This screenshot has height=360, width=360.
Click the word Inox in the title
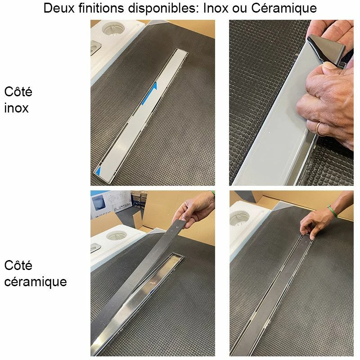tap(216, 8)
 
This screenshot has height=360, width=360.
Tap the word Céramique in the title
tap(284, 9)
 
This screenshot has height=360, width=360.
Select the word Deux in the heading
tap(59, 8)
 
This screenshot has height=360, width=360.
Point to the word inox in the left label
tap(16, 108)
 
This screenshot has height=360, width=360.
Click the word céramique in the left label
tap(36, 282)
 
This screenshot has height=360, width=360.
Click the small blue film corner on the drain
tap(98, 171)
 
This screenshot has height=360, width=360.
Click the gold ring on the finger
tap(319, 130)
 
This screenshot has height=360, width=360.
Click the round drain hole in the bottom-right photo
tap(240, 217)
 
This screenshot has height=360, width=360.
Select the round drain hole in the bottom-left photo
tap(117, 235)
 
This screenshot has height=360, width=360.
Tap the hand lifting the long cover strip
tap(195, 210)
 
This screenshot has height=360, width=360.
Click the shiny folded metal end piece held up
tap(326, 49)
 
